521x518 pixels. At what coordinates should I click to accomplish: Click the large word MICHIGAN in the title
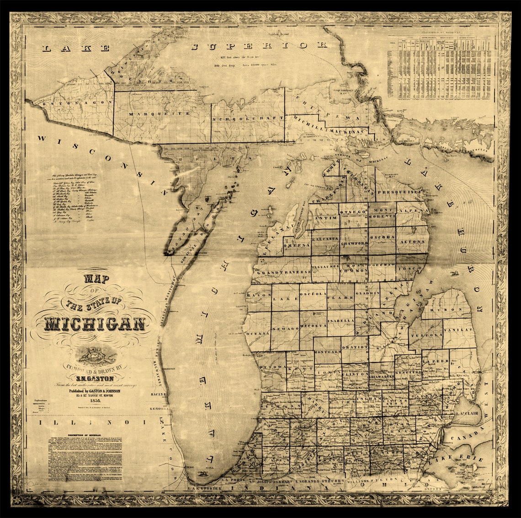point(95,323)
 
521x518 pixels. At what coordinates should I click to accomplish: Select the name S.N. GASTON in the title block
point(95,378)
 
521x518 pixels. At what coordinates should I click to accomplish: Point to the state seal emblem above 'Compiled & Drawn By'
point(95,355)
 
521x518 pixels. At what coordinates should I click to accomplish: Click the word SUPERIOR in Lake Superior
point(259,46)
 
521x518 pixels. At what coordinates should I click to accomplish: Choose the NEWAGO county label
point(286,329)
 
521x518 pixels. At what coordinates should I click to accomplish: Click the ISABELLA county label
point(341,321)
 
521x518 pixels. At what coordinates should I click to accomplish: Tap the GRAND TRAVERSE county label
point(284,272)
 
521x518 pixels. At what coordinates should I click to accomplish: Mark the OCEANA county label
point(258,334)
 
